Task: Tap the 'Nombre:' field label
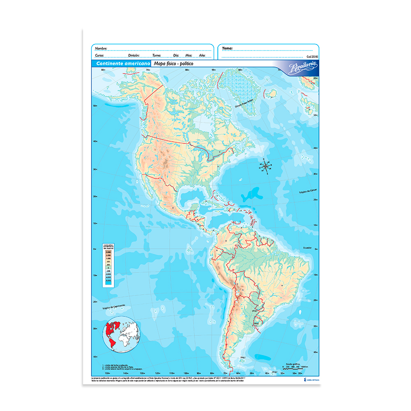(101, 48)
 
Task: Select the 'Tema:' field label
(227, 48)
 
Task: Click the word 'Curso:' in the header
(100, 55)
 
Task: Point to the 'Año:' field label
(202, 55)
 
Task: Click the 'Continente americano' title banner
(122, 64)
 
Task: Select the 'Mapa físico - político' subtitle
(173, 64)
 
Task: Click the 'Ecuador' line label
(307, 248)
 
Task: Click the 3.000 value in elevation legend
(108, 257)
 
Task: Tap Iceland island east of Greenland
(270, 94)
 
